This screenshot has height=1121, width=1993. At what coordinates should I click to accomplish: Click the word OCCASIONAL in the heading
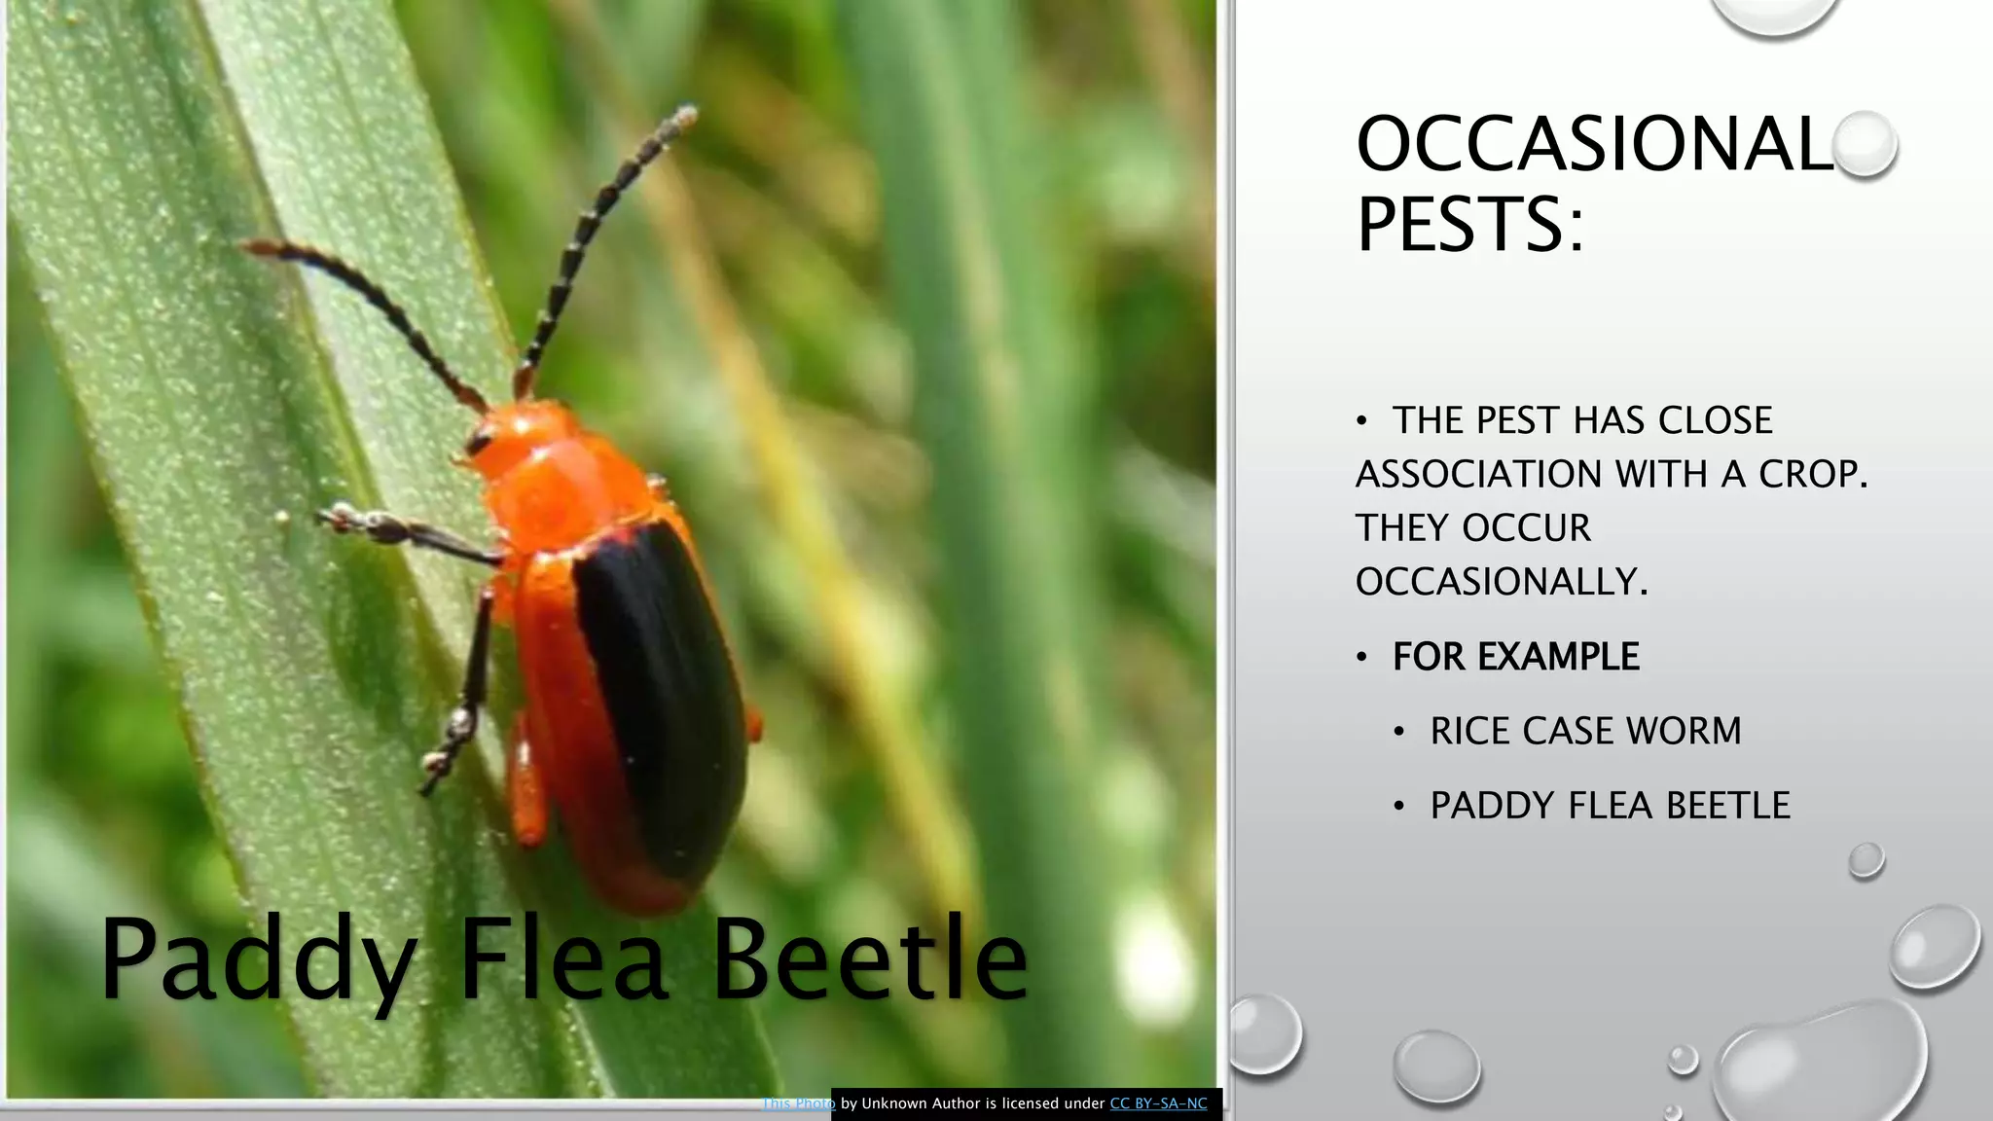[1593, 144]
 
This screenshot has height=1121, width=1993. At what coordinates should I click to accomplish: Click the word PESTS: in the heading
[1469, 225]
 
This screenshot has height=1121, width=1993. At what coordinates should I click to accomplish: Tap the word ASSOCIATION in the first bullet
[1479, 474]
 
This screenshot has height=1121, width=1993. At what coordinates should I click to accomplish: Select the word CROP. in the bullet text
[1813, 474]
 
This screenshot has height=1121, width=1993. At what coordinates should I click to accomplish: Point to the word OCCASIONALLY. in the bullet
[1502, 582]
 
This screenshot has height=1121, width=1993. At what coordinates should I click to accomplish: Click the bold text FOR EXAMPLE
[1515, 657]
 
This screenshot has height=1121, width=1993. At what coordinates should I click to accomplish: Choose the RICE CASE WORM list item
[1585, 731]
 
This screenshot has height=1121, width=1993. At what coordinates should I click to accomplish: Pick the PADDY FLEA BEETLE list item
[1610, 806]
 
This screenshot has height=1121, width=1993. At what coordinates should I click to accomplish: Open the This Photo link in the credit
[798, 1103]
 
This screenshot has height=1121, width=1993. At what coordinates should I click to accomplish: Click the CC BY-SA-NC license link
[1158, 1103]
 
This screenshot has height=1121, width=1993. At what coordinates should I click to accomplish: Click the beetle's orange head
[521, 438]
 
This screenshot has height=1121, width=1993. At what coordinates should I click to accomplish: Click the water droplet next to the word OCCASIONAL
[1864, 144]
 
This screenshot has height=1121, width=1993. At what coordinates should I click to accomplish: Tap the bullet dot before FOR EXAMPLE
[1362, 658]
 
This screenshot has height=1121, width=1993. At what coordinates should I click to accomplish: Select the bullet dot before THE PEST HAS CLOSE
[1362, 421]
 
